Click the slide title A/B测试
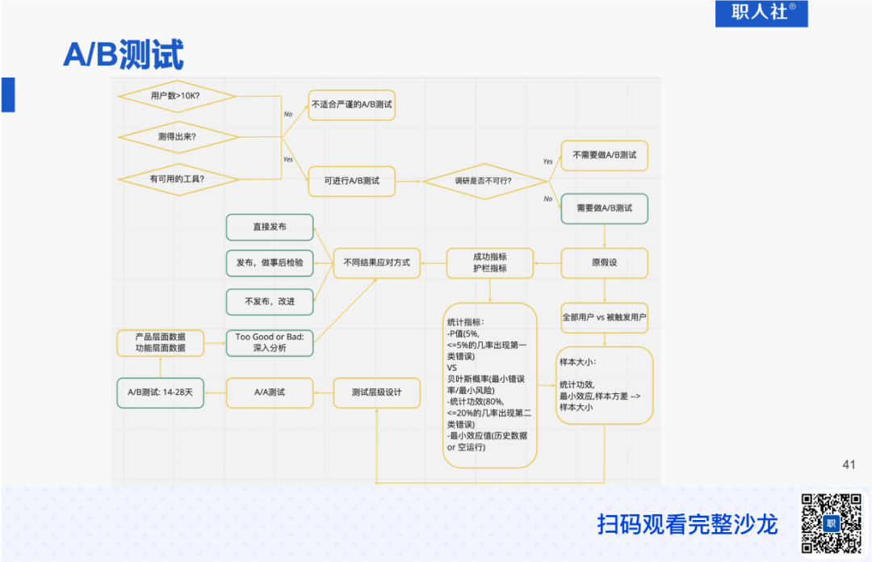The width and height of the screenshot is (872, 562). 124,54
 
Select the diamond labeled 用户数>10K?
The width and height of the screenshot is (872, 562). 177,96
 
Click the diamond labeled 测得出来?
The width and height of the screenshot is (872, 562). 177,136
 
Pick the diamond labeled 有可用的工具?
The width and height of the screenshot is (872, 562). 177,178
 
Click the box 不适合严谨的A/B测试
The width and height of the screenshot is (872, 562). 352,105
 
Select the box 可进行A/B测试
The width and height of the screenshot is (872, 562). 352,180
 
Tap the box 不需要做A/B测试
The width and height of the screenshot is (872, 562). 605,154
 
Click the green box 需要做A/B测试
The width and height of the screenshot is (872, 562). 605,208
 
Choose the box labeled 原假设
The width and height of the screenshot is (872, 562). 605,262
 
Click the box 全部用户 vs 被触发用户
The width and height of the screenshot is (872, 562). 605,317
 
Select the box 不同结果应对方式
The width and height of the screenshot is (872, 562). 377,262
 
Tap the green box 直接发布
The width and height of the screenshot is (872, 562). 269,227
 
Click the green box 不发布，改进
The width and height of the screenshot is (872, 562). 269,301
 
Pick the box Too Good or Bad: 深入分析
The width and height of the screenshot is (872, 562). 269,342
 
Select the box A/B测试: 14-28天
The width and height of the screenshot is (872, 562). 160,392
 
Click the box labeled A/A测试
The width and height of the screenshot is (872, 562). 269,392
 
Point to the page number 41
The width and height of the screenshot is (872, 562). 848,464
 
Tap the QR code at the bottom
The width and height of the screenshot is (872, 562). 831,522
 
